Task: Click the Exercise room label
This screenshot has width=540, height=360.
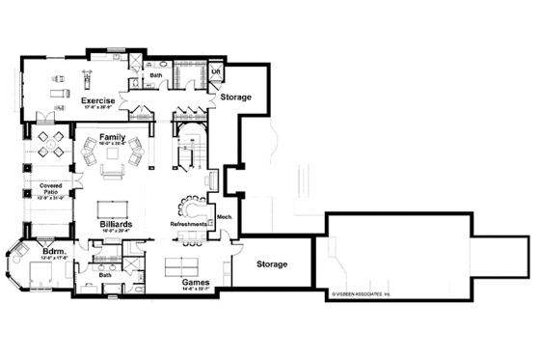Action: coord(98,99)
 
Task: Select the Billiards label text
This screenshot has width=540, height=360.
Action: coord(116,224)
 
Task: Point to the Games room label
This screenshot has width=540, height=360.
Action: coord(197,283)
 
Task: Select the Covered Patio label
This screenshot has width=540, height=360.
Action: coord(51,188)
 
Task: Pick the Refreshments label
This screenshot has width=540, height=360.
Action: coord(188,224)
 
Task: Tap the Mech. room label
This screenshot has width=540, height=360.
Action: coord(223,217)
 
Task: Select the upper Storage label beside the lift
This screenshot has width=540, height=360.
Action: coord(236,97)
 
